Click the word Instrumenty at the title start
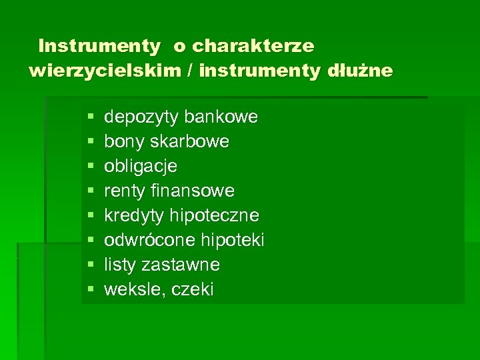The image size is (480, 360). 99,46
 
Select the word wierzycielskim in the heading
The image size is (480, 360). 105,71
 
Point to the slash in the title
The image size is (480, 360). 189,71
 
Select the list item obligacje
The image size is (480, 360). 141,166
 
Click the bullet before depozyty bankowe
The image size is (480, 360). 90,118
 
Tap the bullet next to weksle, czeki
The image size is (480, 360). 90,290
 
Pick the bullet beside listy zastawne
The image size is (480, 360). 90,265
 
